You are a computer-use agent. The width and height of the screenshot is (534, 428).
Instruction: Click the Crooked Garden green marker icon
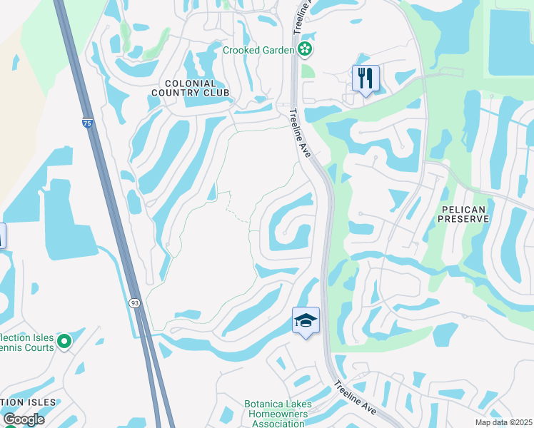306,49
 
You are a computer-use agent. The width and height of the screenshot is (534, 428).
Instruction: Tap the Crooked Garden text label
258,50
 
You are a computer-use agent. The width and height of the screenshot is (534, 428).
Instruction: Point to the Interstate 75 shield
87,123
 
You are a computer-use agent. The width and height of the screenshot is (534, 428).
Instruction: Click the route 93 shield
135,303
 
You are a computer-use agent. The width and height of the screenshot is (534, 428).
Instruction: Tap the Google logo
24,419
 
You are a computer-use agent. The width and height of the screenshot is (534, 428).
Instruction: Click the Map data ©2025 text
503,422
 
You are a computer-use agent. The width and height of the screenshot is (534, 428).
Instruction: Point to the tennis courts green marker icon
64,342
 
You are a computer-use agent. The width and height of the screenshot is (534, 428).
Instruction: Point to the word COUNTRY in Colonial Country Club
191,93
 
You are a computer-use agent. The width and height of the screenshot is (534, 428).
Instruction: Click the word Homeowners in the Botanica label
277,414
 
